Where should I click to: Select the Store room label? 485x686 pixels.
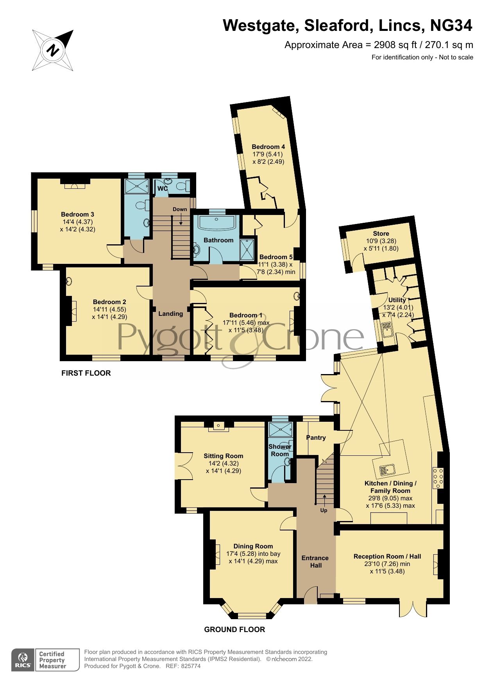tap(381, 234)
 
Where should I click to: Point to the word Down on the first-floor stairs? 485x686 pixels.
tap(180, 209)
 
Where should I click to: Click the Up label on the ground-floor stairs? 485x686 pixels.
tap(324, 510)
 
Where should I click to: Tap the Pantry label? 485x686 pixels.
tap(316, 437)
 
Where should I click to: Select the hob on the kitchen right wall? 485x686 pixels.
tap(438, 478)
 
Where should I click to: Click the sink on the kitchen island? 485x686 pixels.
tap(387, 469)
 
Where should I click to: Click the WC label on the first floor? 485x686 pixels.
tap(162, 189)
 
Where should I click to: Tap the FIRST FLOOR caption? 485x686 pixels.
tap(86, 373)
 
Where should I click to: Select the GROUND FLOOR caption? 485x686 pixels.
tap(234, 629)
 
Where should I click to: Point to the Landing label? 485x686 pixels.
tap(170, 313)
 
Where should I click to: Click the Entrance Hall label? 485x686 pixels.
tap(315, 561)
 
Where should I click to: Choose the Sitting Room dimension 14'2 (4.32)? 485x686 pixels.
tap(223, 464)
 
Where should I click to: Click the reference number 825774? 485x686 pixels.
tap(191, 666)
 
